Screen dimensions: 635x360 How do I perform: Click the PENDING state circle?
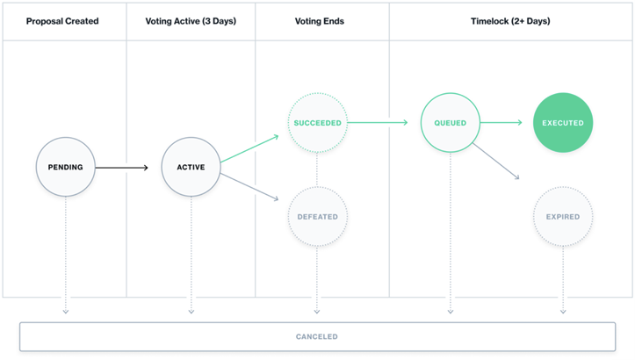(66, 167)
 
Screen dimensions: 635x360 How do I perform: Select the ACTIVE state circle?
(191, 167)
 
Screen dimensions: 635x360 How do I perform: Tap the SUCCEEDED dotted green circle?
(318, 123)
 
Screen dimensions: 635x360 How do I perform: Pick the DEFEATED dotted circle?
(318, 217)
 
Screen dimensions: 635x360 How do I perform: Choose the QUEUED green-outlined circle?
(451, 123)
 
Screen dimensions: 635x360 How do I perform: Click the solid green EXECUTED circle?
(563, 123)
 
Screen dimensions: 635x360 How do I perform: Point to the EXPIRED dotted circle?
(563, 217)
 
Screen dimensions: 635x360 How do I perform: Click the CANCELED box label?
(317, 336)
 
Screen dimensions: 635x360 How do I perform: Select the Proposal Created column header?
(62, 21)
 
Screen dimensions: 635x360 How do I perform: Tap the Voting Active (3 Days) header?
(191, 21)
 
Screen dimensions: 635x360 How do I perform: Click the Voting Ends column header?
(320, 21)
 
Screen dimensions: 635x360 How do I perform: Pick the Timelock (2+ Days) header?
(510, 21)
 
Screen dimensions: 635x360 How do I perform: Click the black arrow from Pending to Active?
(121, 167)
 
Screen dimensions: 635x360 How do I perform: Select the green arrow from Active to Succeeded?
(249, 149)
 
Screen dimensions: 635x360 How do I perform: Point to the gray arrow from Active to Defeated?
(249, 187)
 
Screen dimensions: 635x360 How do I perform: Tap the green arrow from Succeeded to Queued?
(378, 122)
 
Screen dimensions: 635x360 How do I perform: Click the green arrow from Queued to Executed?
(501, 122)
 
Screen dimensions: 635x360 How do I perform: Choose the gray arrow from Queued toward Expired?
(495, 161)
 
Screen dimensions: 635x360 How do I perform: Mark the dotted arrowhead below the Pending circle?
(66, 312)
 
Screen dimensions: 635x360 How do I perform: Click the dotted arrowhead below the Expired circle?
(563, 312)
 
